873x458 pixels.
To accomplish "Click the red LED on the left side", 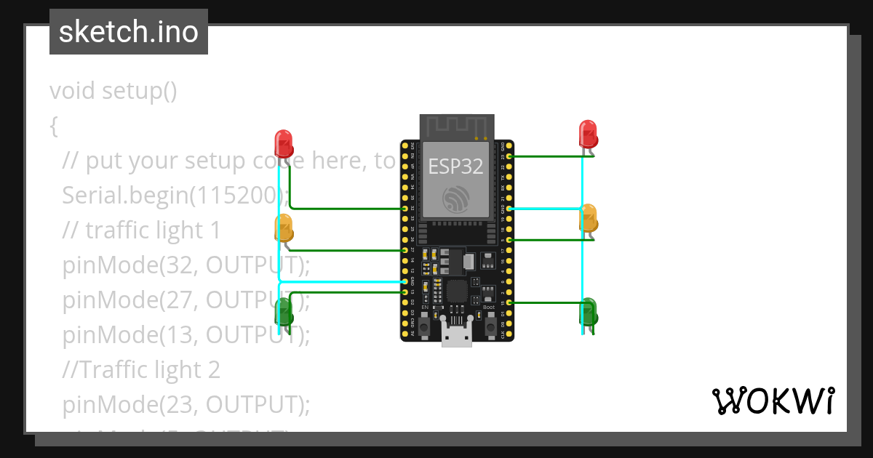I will pyautogui.click(x=283, y=142).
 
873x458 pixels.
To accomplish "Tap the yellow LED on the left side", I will pyautogui.click(x=283, y=228).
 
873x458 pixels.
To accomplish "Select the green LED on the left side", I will pyautogui.click(x=283, y=313).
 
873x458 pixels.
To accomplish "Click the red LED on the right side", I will pyautogui.click(x=588, y=133).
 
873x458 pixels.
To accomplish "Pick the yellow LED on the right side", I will pyautogui.click(x=588, y=218).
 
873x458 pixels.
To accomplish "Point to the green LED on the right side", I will pyautogui.click(x=588, y=313).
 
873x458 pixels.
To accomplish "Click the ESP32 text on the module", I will pyautogui.click(x=455, y=166).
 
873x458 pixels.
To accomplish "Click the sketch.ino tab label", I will pyautogui.click(x=129, y=32).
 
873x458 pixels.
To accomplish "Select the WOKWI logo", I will pyautogui.click(x=773, y=401).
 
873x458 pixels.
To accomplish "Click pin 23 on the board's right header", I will pyautogui.click(x=509, y=156).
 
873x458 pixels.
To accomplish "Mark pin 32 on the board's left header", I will pyautogui.click(x=404, y=209).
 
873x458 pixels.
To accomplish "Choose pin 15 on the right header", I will pyautogui.click(x=509, y=302).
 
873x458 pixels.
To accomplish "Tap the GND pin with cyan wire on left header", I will pyautogui.click(x=404, y=281).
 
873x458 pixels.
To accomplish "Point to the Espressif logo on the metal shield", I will pyautogui.click(x=456, y=198).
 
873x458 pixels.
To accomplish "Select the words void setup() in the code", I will pyautogui.click(x=113, y=91).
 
